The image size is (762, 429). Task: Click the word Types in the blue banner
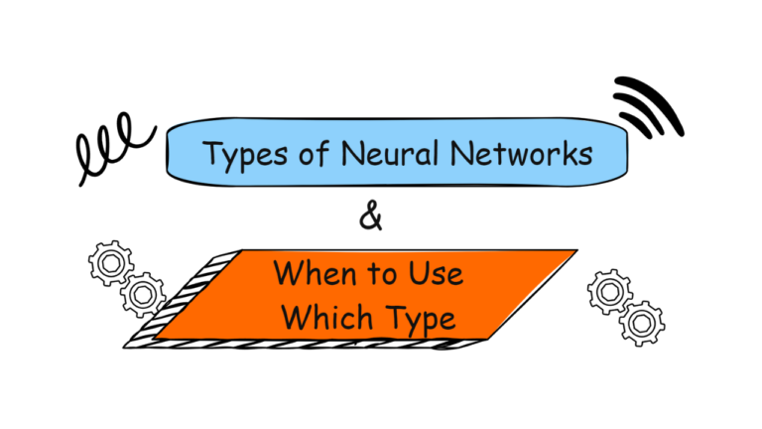[241, 155]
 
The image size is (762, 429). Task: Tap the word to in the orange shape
[378, 272]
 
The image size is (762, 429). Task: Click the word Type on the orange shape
[415, 318]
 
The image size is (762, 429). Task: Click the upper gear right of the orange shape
[607, 291]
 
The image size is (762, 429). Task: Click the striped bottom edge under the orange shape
[298, 344]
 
